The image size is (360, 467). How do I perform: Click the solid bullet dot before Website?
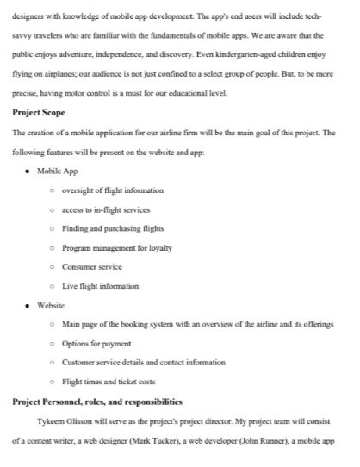point(30,304)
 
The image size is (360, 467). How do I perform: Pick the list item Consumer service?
point(92,266)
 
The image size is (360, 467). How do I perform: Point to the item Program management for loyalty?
point(117,247)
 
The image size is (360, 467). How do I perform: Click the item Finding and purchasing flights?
point(113,228)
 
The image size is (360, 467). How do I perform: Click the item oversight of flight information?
point(113,190)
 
